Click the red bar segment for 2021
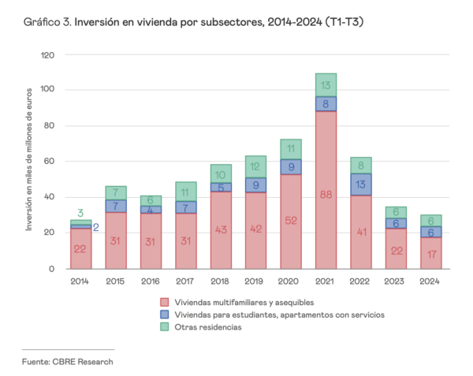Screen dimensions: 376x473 tap(326, 189)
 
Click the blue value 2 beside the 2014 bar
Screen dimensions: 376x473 tap(96, 227)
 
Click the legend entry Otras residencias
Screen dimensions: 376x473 tap(207, 327)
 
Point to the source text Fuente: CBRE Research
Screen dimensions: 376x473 tap(67, 361)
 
